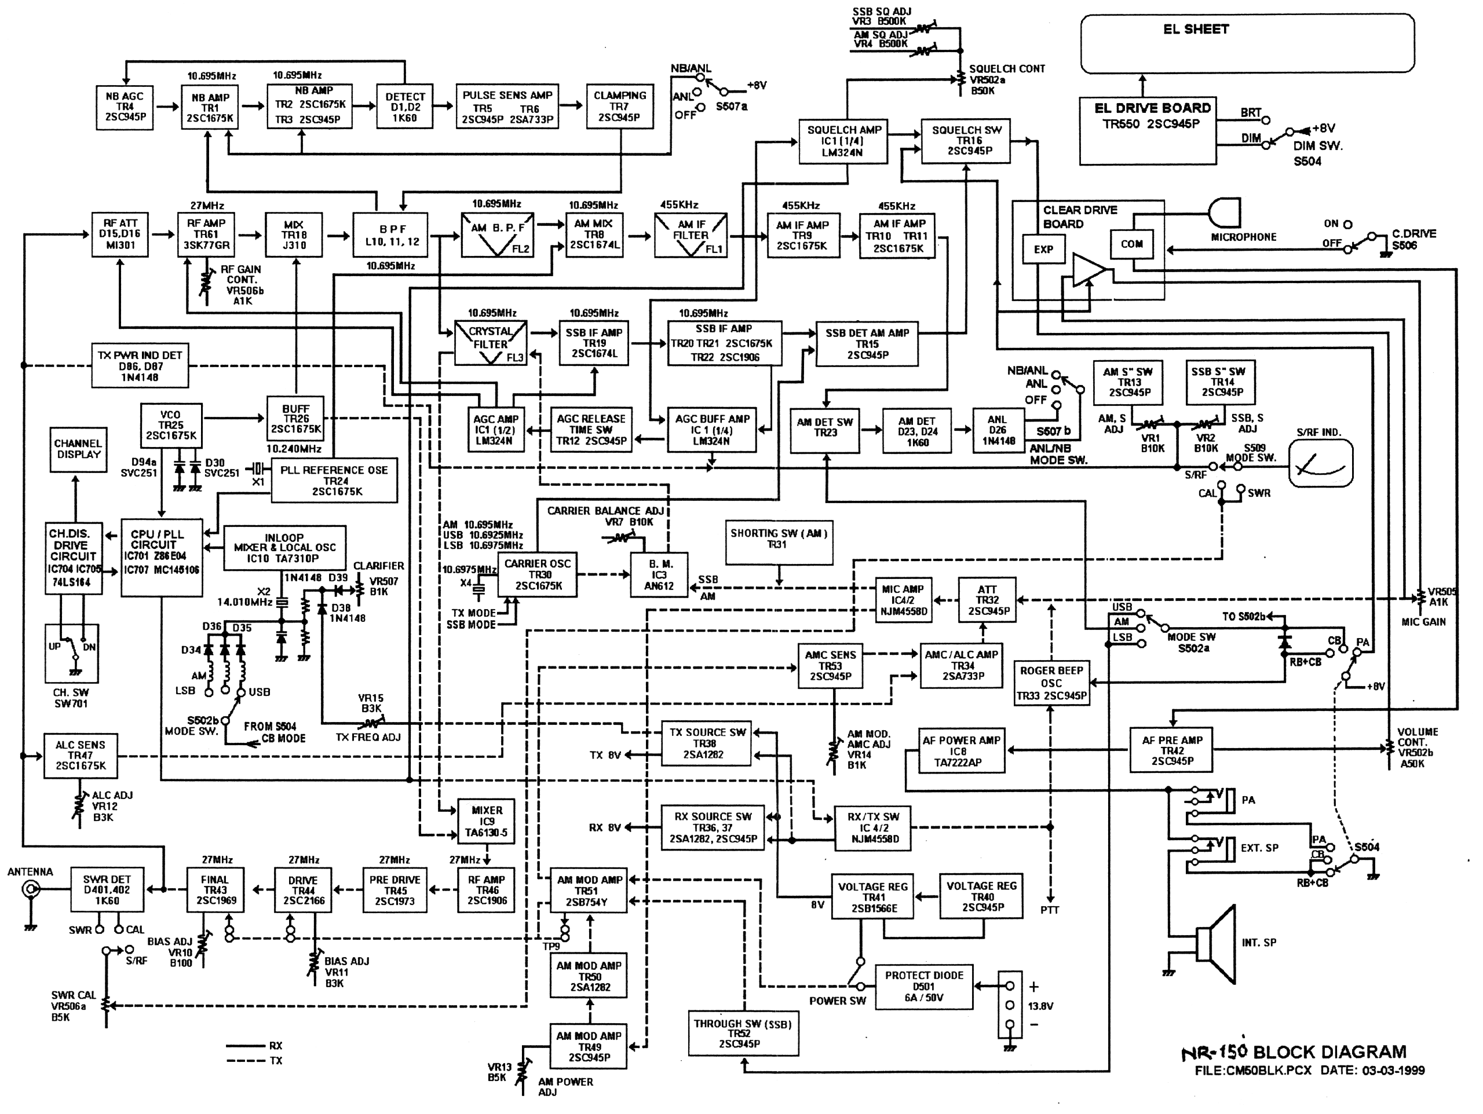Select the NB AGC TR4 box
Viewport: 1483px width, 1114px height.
[x=124, y=107]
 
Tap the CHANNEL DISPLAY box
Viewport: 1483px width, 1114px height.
[x=78, y=450]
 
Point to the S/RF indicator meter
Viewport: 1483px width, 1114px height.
[x=1320, y=463]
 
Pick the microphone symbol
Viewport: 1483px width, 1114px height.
[x=1224, y=212]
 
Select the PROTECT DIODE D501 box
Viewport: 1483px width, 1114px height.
[x=923, y=986]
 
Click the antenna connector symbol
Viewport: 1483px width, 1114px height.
[x=31, y=890]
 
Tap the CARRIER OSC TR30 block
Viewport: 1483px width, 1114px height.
[x=537, y=574]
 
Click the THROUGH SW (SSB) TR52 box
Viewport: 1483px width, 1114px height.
[x=743, y=1033]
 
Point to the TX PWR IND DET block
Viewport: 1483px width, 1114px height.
[x=140, y=366]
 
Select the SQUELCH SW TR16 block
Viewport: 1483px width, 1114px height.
[x=966, y=141]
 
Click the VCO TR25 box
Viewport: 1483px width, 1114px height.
[x=170, y=425]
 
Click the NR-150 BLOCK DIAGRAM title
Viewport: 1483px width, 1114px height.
[x=1294, y=1052]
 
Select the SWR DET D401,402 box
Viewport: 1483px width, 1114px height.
[x=107, y=890]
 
